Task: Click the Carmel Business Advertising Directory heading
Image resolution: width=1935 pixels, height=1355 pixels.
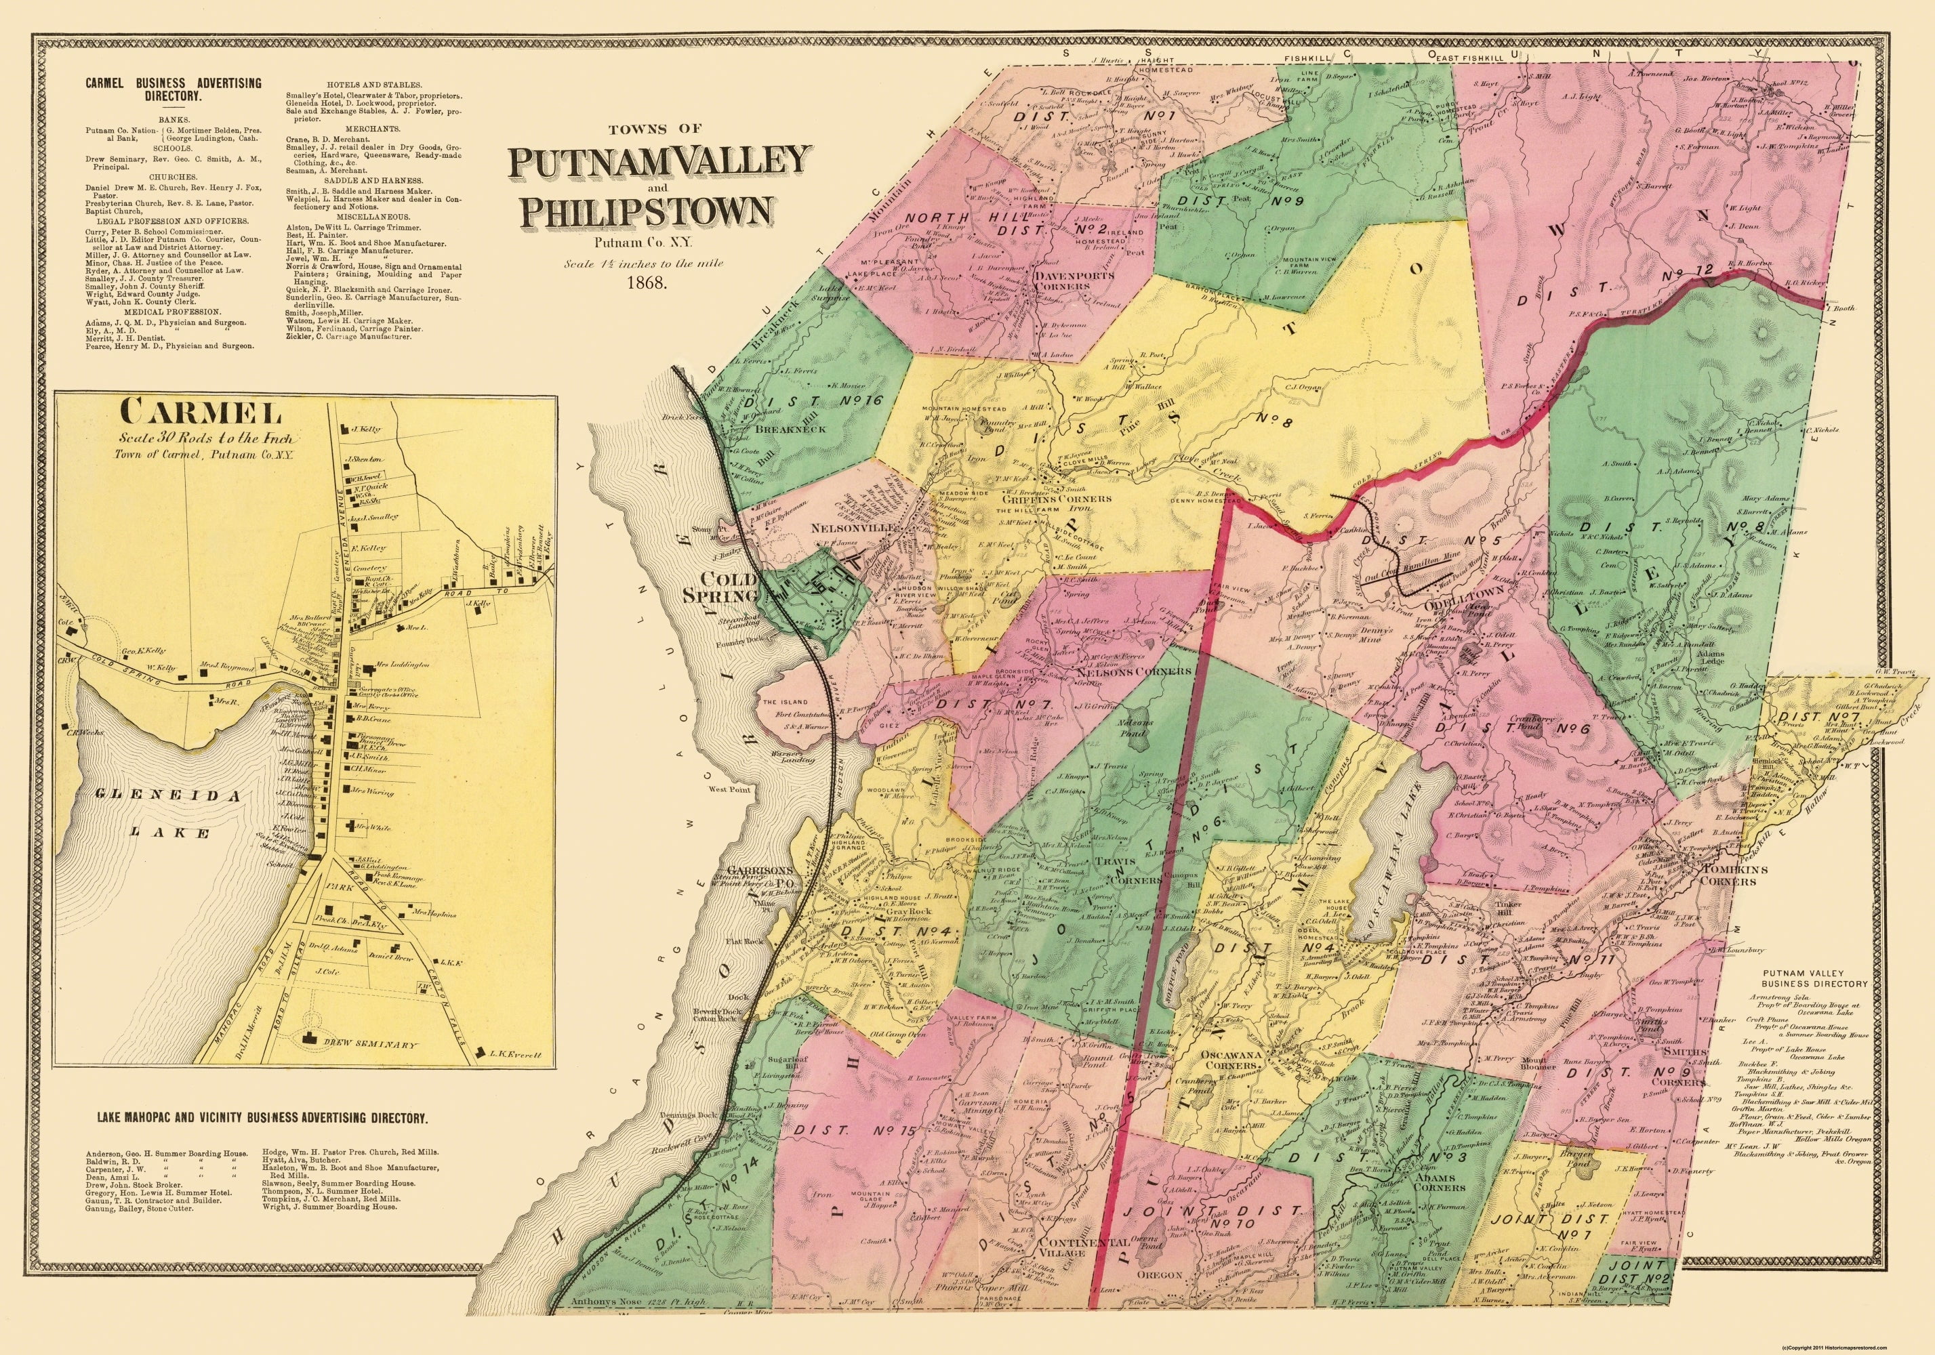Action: [x=173, y=89]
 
